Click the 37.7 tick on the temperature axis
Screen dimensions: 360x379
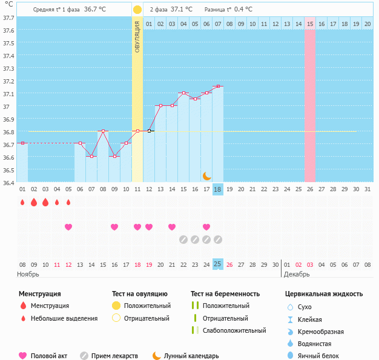[x=8, y=18]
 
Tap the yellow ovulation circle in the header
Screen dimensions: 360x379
[x=137, y=10]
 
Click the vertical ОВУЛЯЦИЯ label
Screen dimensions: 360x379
[x=137, y=37]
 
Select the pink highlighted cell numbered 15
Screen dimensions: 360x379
[x=310, y=24]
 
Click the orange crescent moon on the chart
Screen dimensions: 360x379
[x=206, y=175]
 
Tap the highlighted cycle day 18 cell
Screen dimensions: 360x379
[x=218, y=189]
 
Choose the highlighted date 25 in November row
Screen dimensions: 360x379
[x=218, y=264]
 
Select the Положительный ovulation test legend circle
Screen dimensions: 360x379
[x=116, y=306]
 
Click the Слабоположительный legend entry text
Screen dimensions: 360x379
[x=234, y=330]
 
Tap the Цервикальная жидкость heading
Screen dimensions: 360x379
[x=324, y=294]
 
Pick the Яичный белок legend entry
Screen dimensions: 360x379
[x=321, y=356]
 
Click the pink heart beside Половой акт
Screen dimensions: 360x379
[x=23, y=356]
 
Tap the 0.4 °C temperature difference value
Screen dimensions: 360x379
[x=243, y=10]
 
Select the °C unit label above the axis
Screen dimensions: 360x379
[x=8, y=4]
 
